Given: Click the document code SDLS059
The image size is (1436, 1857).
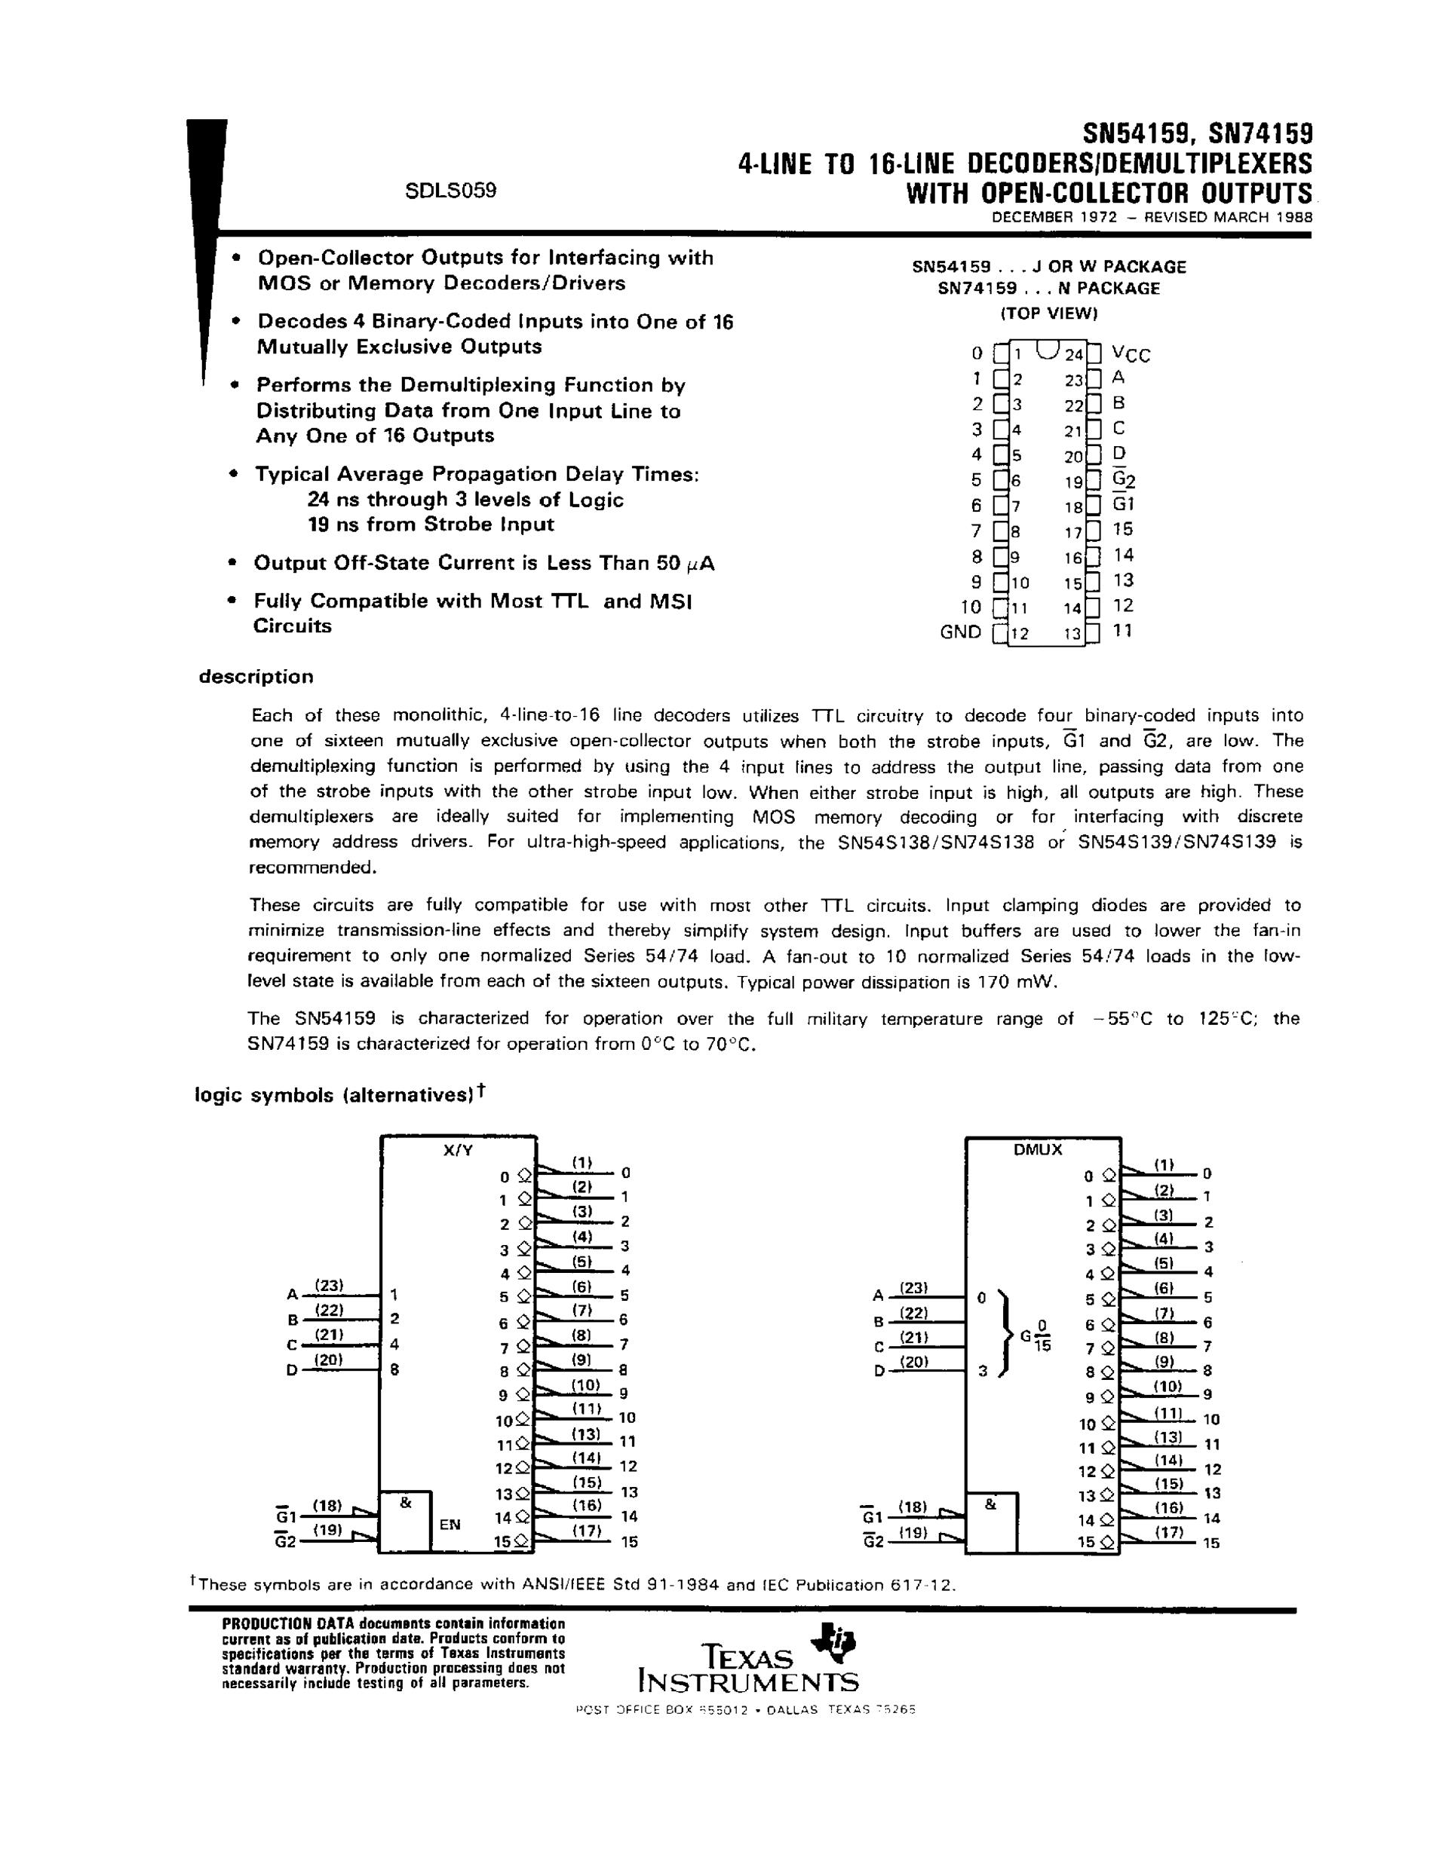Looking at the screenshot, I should click(450, 191).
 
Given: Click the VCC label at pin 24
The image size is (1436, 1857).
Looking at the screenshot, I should click(1131, 353).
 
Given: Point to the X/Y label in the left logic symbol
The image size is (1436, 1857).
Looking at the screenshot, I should click(458, 1149).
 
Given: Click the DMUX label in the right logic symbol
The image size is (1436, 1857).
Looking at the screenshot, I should click(1038, 1149).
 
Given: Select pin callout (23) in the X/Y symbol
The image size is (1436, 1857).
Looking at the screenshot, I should click(328, 1285).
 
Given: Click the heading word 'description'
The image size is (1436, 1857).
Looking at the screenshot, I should click(256, 677).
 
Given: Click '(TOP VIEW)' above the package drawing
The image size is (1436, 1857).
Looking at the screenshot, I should click(1049, 313).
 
